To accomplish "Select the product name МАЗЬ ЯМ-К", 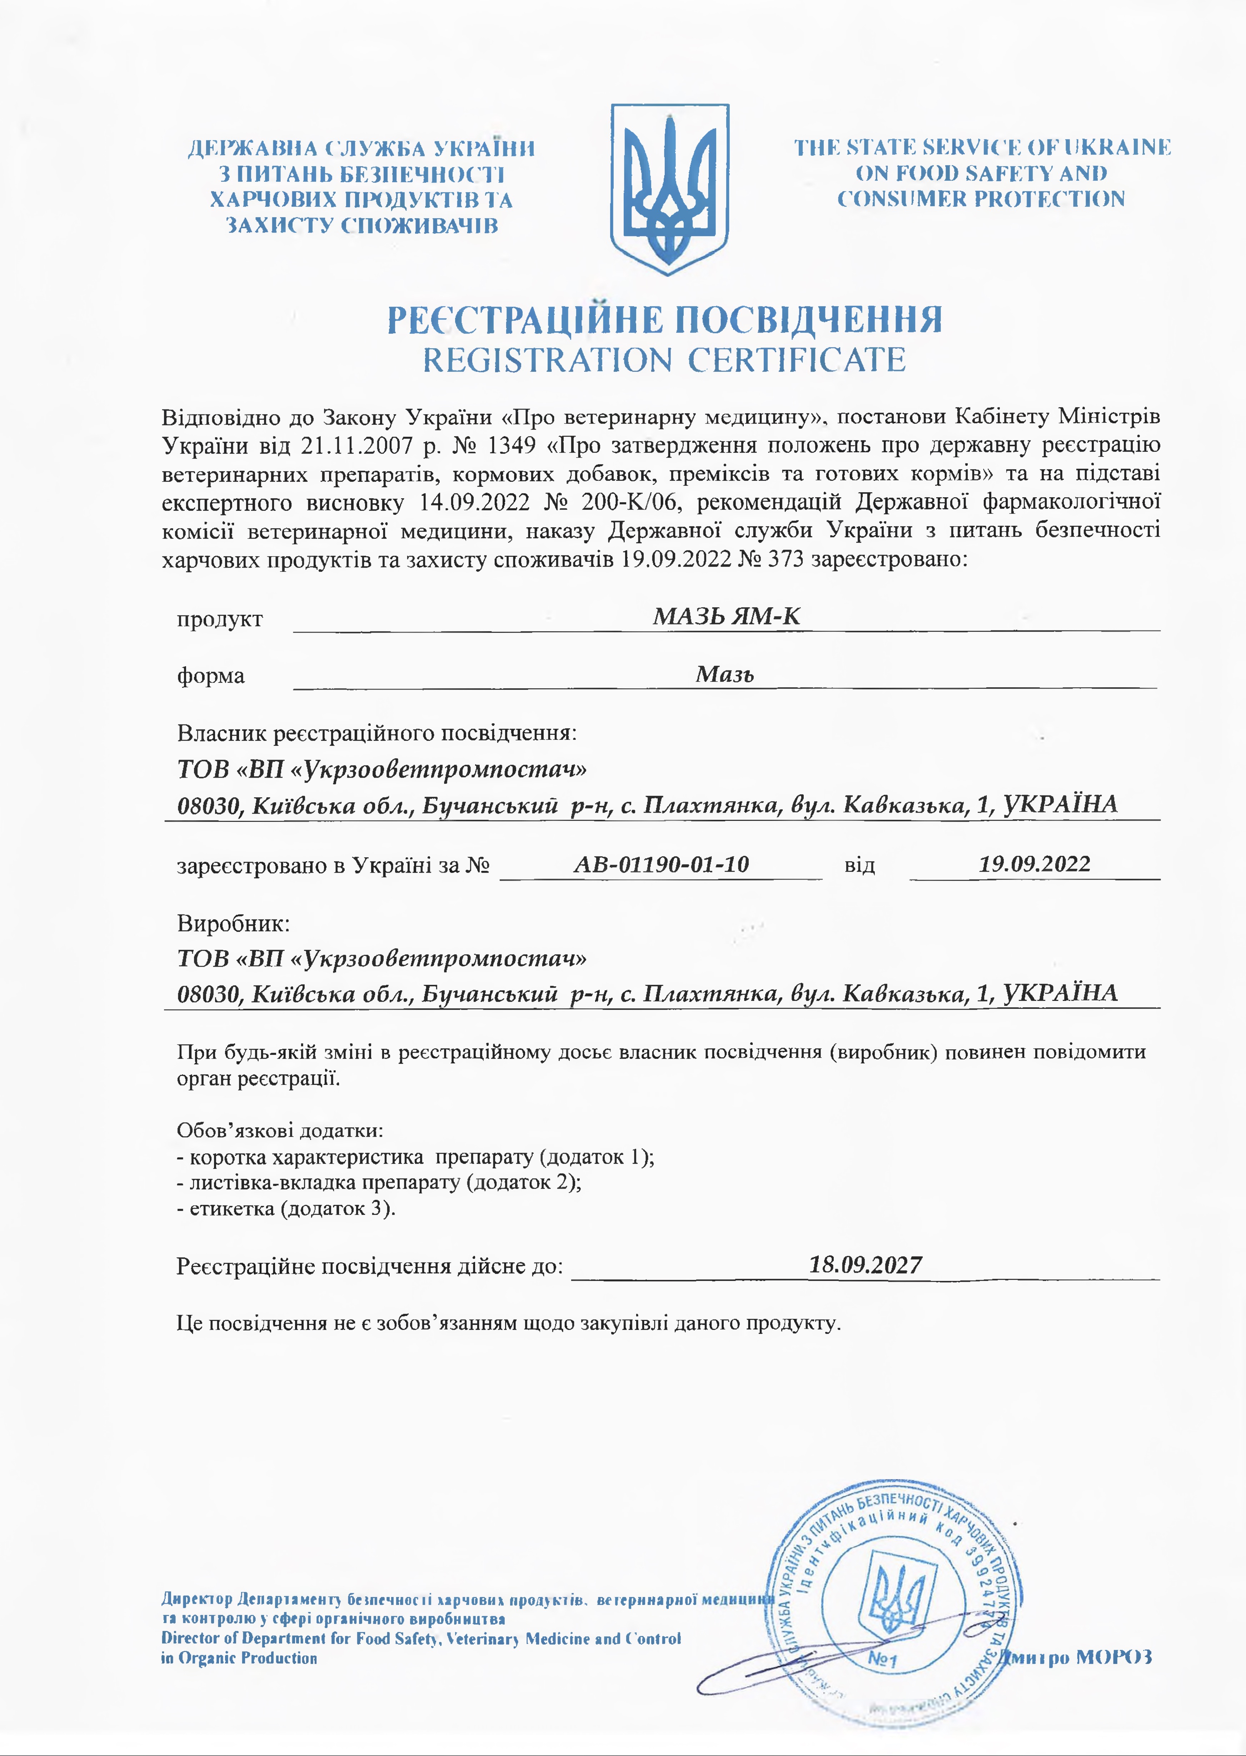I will (x=726, y=616).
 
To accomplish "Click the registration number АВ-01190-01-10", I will (x=661, y=864).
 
